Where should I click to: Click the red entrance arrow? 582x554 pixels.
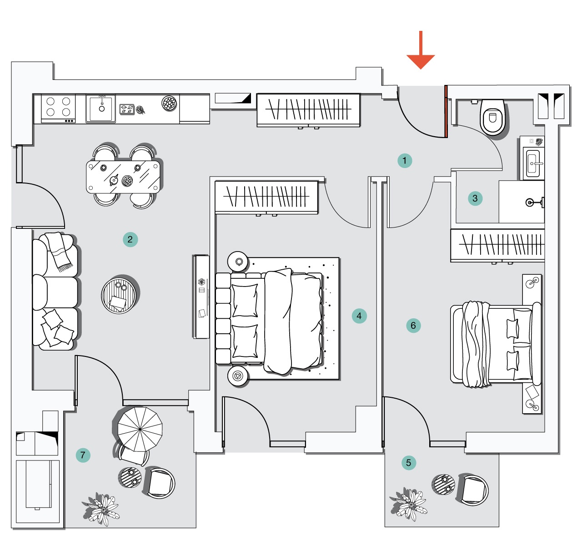(x=421, y=50)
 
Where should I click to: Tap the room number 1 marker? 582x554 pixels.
(x=405, y=161)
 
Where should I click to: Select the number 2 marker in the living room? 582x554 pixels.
(x=130, y=239)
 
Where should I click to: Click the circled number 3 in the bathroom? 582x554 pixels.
(x=475, y=198)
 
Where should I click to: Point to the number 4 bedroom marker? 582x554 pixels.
(x=359, y=316)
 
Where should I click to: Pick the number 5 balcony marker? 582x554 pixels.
(x=409, y=463)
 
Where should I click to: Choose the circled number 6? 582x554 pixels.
(x=413, y=325)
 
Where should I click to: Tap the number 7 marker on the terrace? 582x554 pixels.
(x=83, y=455)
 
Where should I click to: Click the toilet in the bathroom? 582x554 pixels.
(x=492, y=117)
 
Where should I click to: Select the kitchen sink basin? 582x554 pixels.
(x=101, y=108)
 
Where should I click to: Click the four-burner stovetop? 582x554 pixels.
(x=58, y=109)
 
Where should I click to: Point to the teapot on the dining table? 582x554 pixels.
(x=114, y=180)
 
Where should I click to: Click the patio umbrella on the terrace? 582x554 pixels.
(x=140, y=429)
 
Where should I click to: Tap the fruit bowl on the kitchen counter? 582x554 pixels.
(x=169, y=103)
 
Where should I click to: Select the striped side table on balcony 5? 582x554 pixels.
(x=443, y=485)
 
